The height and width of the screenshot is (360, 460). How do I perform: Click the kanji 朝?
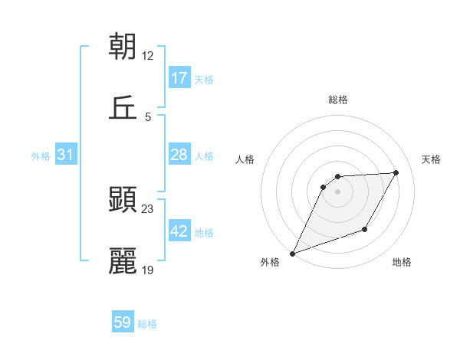click(x=123, y=47)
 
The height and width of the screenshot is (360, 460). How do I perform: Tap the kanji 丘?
click(x=123, y=108)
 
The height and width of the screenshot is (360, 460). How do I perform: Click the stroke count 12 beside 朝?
click(x=148, y=55)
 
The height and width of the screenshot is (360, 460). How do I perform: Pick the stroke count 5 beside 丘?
click(x=148, y=116)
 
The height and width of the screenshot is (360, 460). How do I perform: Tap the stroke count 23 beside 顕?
click(x=148, y=208)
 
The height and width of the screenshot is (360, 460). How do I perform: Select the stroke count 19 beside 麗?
click(x=148, y=270)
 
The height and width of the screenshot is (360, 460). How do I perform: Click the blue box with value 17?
click(x=179, y=78)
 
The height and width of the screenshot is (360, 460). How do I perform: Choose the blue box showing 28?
click(x=179, y=155)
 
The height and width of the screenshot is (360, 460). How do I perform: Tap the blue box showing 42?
click(x=179, y=232)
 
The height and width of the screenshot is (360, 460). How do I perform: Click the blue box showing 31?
click(x=66, y=155)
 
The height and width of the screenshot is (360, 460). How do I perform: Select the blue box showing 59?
click(x=123, y=323)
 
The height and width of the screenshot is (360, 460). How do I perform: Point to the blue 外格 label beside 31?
click(x=41, y=156)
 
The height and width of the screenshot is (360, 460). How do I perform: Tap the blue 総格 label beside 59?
click(x=147, y=324)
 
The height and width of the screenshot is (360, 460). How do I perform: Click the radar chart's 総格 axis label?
click(x=338, y=100)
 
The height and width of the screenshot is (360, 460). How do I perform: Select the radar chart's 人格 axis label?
click(x=245, y=159)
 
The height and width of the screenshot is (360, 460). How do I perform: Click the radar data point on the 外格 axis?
click(x=292, y=253)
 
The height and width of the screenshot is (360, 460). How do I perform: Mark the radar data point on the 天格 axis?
click(x=396, y=172)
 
